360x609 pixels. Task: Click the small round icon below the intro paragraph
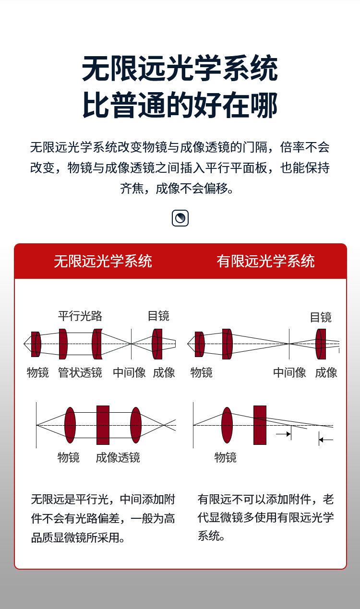click(x=180, y=218)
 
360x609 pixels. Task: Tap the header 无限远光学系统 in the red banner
click(x=103, y=261)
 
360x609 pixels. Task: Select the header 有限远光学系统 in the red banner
click(x=265, y=261)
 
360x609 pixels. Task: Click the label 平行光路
click(x=80, y=316)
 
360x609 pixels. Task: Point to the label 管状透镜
click(x=80, y=372)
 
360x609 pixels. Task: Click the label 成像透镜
click(x=118, y=457)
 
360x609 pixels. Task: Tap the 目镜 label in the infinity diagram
click(x=158, y=316)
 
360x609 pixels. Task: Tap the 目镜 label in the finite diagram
click(x=321, y=317)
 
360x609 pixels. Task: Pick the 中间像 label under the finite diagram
click(x=289, y=372)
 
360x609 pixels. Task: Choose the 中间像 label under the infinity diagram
click(x=129, y=372)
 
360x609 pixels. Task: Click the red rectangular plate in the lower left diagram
click(x=103, y=425)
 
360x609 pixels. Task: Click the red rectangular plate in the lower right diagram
click(x=260, y=425)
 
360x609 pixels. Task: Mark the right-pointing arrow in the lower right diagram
click(x=283, y=434)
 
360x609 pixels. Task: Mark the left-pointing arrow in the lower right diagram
click(x=326, y=439)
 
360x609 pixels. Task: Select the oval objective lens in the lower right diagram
click(x=227, y=425)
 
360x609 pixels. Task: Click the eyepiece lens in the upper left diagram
click(x=157, y=344)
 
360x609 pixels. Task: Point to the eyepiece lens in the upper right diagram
click(x=321, y=344)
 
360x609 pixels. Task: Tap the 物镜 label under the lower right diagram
click(x=226, y=457)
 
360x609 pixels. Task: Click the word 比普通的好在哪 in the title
click(x=180, y=105)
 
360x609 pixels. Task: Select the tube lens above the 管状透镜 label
click(x=63, y=344)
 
